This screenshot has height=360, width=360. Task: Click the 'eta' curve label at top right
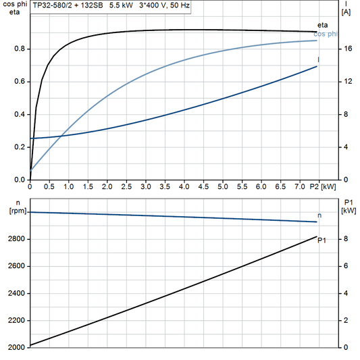(x=322, y=25)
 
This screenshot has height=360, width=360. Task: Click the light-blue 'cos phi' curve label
(x=327, y=34)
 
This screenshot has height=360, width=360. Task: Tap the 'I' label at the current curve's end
(x=319, y=59)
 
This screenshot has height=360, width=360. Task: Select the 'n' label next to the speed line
(x=319, y=215)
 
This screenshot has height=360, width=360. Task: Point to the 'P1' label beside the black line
(x=322, y=239)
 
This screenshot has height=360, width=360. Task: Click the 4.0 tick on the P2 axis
(x=184, y=186)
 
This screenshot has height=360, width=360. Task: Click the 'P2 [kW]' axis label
(x=324, y=186)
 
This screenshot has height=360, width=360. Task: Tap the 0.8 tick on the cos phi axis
(x=20, y=49)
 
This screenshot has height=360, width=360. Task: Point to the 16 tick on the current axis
(x=346, y=49)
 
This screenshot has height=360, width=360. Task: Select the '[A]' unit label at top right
(x=346, y=12)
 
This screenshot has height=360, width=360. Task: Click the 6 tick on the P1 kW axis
(x=344, y=266)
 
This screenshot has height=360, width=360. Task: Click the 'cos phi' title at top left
(x=14, y=4)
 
